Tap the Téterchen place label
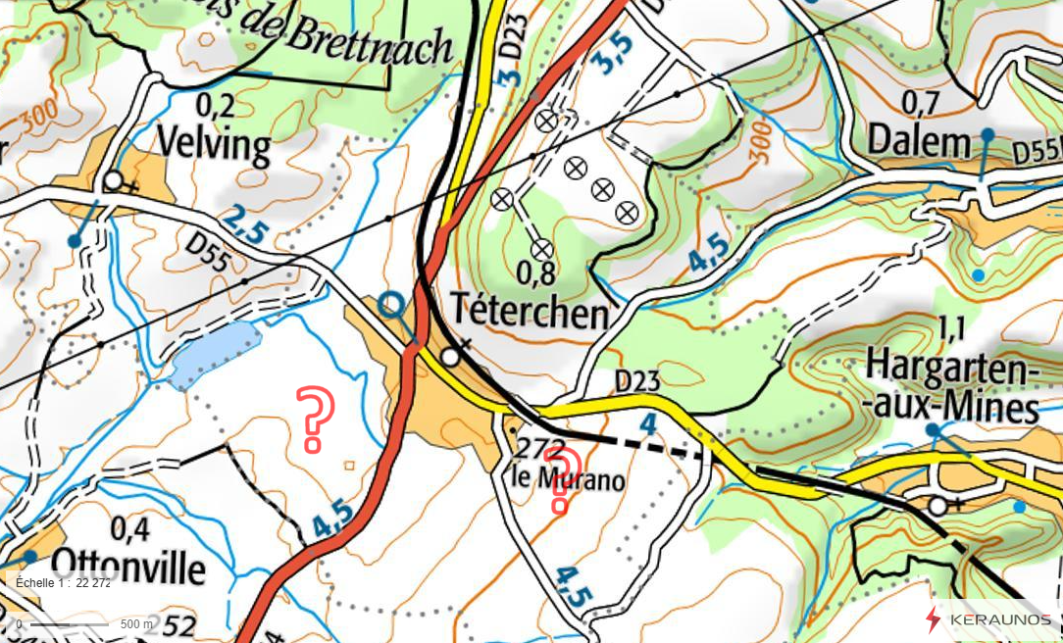coord(530,314)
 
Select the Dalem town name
coord(918,143)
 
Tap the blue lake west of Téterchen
coord(216,353)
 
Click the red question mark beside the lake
coord(315,419)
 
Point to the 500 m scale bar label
coord(136,624)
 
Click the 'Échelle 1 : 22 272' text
coord(64,582)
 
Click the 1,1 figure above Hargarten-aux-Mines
coord(951,329)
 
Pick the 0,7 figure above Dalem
coord(920,102)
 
